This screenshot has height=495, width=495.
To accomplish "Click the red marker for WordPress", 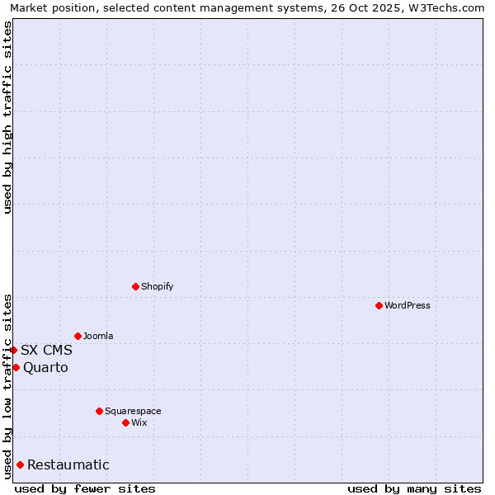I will tap(379, 305).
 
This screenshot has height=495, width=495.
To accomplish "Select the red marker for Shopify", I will tap(135, 286).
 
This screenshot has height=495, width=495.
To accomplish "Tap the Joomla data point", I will tap(78, 336).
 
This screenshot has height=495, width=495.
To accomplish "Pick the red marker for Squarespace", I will tap(99, 411).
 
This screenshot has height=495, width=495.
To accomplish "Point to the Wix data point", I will tap(125, 422).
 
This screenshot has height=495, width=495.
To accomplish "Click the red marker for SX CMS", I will tap(13, 350).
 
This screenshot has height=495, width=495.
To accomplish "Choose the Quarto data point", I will tap(16, 367).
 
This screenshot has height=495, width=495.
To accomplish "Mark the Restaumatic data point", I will tap(20, 464).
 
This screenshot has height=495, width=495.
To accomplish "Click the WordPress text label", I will tap(408, 305).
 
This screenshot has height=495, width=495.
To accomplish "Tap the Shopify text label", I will tap(157, 286).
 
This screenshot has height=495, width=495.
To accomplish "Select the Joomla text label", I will tap(98, 336).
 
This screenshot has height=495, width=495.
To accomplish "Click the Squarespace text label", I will tap(133, 411).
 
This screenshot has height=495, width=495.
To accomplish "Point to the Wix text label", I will tap(139, 422).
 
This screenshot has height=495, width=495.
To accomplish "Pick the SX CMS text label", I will tap(46, 350).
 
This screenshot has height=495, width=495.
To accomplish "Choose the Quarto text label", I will tap(45, 367).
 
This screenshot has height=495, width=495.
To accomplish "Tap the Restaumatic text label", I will tap(68, 464).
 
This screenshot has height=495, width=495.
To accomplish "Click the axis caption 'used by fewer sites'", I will tap(85, 488).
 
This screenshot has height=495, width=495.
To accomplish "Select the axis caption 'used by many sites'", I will tap(414, 488).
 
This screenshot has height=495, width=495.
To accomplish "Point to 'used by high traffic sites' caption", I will tap(7, 117).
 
